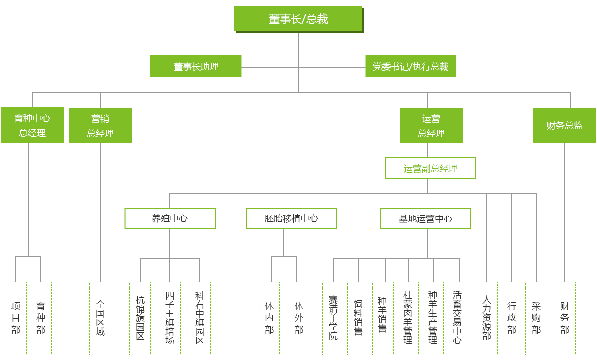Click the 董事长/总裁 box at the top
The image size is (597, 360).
point(298,19)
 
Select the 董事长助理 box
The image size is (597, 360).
point(196,66)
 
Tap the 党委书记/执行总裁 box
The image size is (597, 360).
point(411,66)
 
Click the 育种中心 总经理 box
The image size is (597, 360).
point(32,125)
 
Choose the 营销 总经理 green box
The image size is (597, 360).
point(100,126)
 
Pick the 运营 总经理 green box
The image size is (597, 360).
point(431,126)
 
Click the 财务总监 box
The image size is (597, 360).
point(564,125)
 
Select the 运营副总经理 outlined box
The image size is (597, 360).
point(431,168)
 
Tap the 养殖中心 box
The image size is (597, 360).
point(170,218)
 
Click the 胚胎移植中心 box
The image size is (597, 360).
point(292,218)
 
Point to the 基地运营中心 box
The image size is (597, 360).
point(426,218)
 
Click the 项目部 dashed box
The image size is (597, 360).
point(16,318)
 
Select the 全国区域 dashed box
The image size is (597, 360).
point(100,318)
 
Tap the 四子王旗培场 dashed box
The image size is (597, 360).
point(170,318)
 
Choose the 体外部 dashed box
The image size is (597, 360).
point(298,318)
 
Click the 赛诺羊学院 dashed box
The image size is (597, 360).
point(333,318)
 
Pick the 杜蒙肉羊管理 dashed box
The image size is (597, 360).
point(408,318)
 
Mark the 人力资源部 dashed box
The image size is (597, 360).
point(487,318)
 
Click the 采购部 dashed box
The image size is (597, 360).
point(536,318)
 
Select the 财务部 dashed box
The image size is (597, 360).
point(565,318)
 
